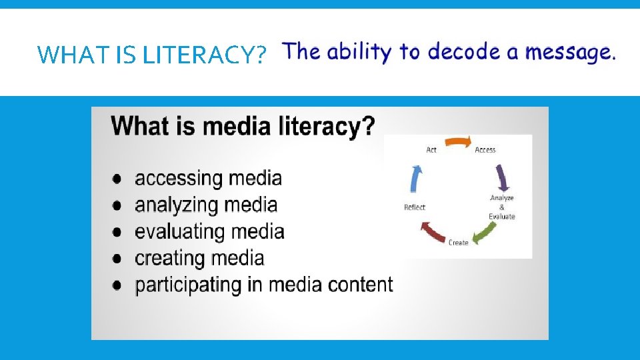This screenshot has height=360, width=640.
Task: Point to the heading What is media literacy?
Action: click(x=243, y=125)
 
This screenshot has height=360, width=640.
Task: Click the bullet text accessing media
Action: click(x=208, y=179)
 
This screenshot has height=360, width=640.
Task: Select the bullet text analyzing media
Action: click(x=205, y=205)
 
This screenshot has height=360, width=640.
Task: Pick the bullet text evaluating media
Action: click(x=209, y=232)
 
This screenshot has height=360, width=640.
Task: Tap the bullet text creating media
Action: click(x=199, y=258)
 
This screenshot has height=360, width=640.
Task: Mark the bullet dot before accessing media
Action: click(x=117, y=179)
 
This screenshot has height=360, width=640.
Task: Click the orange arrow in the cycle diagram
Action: click(x=458, y=141)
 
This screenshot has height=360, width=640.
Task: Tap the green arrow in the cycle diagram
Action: click(x=485, y=233)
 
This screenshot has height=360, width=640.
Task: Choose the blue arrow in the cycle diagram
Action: click(x=416, y=179)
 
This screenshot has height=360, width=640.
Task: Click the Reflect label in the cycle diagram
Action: click(x=415, y=207)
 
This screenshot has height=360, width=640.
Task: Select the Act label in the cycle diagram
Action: click(x=431, y=150)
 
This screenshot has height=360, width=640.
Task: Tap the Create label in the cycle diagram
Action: click(x=458, y=243)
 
